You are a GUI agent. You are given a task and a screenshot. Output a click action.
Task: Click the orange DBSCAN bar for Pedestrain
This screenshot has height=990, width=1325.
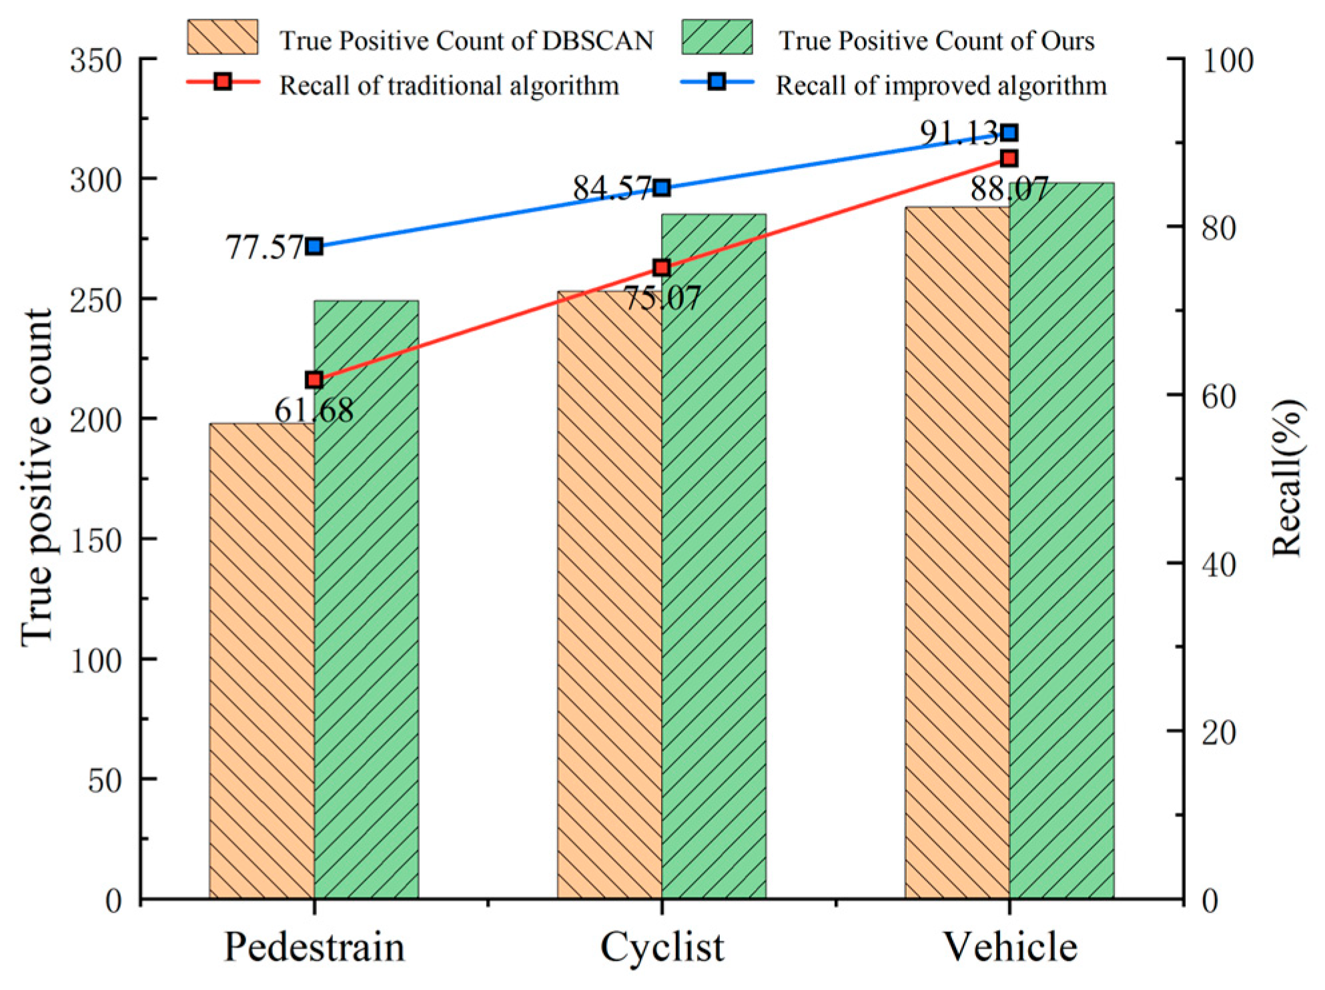[262, 660]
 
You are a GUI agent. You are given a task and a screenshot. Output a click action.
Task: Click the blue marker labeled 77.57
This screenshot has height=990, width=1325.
[314, 247]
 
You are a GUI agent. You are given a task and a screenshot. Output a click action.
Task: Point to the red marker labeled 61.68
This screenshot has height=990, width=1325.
[314, 380]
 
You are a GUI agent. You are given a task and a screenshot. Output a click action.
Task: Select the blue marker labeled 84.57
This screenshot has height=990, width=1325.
[662, 188]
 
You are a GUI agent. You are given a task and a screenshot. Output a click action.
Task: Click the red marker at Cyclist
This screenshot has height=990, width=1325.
[662, 268]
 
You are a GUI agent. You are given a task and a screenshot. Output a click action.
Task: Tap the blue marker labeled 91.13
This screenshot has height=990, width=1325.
[1009, 133]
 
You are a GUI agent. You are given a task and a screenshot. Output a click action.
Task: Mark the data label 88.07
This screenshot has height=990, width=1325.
[1009, 189]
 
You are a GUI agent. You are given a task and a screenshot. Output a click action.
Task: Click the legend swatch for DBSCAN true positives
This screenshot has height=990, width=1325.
[222, 37]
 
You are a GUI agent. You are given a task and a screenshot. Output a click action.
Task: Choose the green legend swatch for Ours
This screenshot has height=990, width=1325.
[717, 37]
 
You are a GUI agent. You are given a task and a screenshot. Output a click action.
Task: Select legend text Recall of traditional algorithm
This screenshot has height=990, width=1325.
[449, 86]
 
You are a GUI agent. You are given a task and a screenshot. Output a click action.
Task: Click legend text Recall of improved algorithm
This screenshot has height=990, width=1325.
[941, 86]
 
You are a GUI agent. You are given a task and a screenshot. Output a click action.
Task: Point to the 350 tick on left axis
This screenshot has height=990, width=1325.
[96, 61]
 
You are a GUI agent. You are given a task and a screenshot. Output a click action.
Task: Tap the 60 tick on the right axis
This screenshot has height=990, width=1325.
[1218, 396]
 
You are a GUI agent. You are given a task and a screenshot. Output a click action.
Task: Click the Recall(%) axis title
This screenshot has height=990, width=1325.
[1286, 478]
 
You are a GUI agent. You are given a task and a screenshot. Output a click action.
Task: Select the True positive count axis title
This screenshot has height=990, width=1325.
[37, 478]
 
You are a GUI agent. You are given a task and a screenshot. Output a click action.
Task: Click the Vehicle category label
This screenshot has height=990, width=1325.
[1009, 947]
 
